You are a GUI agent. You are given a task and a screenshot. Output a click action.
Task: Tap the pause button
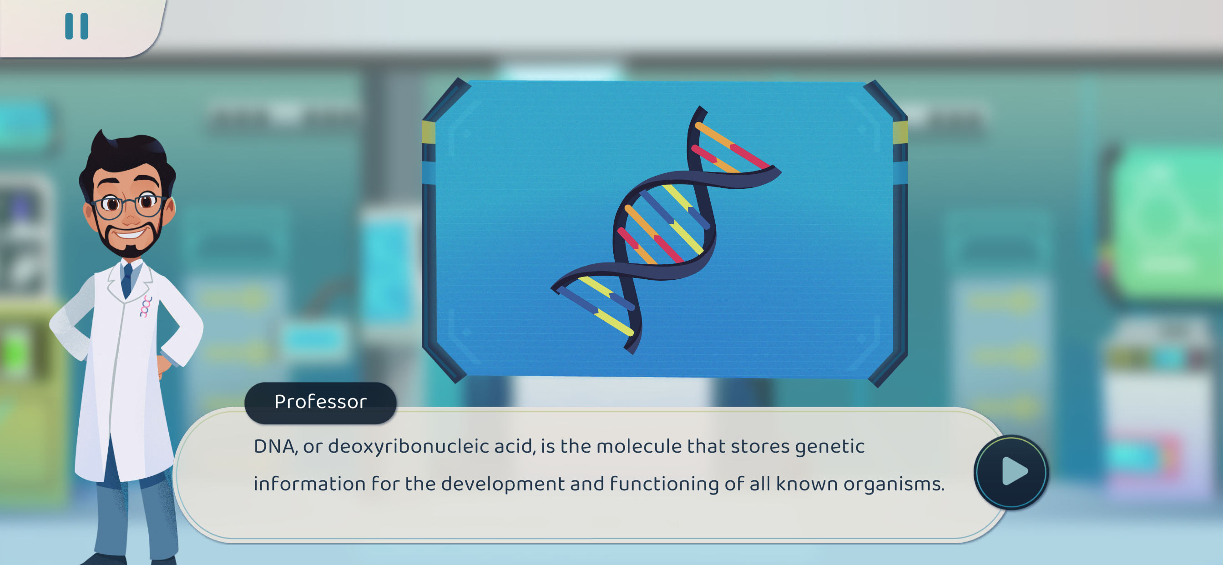tap(76, 25)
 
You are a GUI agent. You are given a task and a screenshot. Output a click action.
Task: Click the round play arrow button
tap(1011, 472)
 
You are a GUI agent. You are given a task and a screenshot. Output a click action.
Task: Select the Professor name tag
tap(320, 403)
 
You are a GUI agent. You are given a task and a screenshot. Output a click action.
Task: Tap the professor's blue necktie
tap(127, 281)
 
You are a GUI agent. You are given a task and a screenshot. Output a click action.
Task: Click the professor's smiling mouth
tap(130, 234)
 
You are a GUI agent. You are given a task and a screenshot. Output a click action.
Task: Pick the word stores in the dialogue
tap(760, 446)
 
